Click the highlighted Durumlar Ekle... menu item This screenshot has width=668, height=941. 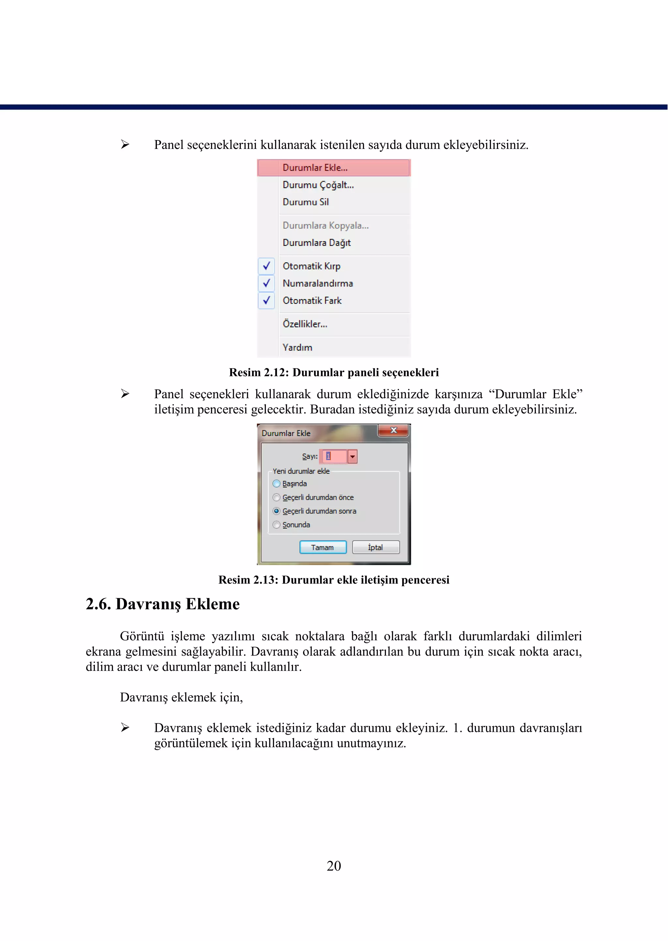(315, 168)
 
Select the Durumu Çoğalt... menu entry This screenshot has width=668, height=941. (318, 185)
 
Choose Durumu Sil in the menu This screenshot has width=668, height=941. (306, 202)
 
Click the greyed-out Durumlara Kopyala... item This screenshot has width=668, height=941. (326, 225)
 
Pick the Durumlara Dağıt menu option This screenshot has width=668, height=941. (316, 243)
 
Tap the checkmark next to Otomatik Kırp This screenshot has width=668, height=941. (266, 266)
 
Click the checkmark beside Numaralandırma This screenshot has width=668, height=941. (266, 283)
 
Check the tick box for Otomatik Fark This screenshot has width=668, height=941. (266, 300)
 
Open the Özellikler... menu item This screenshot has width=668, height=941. (305, 324)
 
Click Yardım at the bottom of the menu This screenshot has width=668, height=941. (297, 348)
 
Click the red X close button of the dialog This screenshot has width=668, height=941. (393, 430)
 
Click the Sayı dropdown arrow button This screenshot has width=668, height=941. (353, 456)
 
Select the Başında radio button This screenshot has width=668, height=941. (276, 484)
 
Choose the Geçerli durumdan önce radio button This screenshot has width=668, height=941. (276, 498)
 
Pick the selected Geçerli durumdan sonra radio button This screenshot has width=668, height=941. (276, 511)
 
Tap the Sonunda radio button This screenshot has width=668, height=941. (276, 525)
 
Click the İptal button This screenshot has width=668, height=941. (375, 547)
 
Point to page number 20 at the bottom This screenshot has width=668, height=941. (334, 866)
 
